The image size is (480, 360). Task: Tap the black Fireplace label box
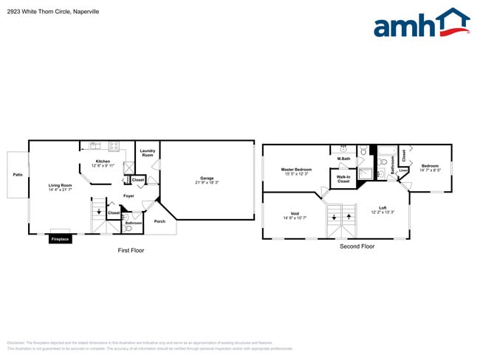click(x=61, y=239)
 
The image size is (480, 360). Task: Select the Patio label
click(x=17, y=175)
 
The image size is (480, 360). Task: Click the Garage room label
click(x=206, y=179)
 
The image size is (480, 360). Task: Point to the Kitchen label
click(x=103, y=162)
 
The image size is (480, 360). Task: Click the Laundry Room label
click(x=148, y=153)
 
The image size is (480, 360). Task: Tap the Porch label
click(x=160, y=221)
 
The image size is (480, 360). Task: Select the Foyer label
click(x=128, y=195)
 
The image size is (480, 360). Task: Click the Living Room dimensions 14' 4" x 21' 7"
click(x=61, y=190)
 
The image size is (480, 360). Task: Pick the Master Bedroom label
click(x=296, y=170)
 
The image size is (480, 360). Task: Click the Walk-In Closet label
click(x=343, y=179)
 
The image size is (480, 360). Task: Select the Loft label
click(x=383, y=207)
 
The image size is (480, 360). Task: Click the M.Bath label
click(x=343, y=159)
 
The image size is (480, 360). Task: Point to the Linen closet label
click(x=403, y=171)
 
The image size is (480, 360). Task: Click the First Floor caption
click(x=131, y=250)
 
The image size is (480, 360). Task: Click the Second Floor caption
click(x=357, y=246)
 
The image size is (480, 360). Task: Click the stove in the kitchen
click(x=114, y=145)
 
